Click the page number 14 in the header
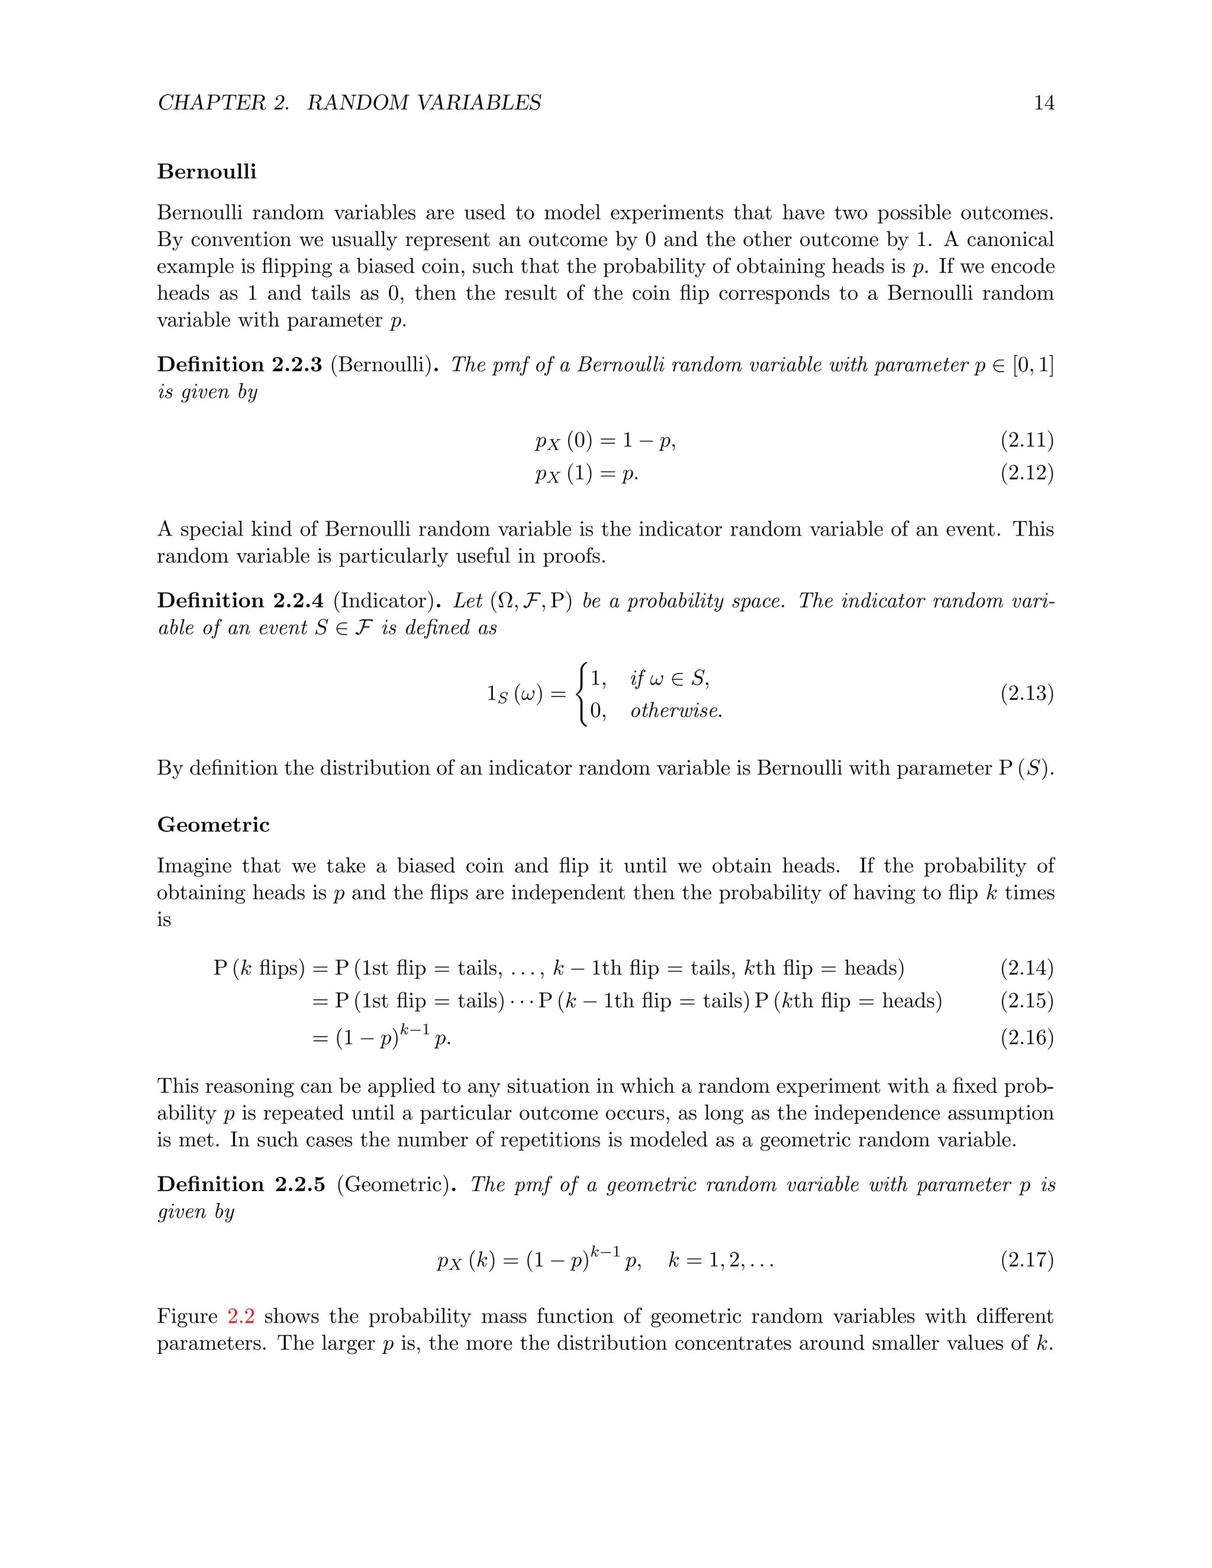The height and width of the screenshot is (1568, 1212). point(1043,103)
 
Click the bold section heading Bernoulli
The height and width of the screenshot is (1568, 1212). point(207,172)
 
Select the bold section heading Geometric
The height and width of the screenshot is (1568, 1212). point(213,824)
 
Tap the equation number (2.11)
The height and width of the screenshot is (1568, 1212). point(1027,440)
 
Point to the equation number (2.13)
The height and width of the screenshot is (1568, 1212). point(1027,693)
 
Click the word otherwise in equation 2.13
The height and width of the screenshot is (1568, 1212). point(676,711)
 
